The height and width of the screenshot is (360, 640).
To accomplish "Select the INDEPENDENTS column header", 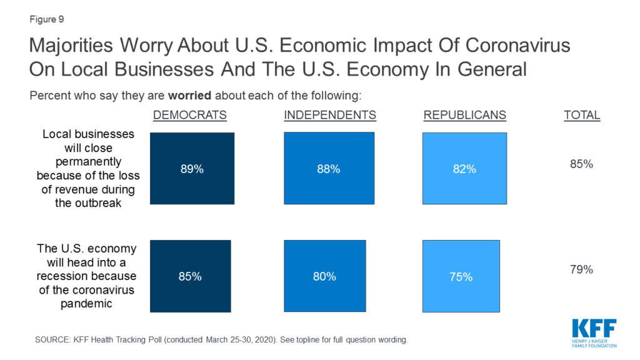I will pos(330,116).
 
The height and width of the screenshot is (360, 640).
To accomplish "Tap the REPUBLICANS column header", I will pos(465,116).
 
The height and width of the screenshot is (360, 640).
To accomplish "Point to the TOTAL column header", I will pos(582,116).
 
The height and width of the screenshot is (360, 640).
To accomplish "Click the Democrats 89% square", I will pos(192,169).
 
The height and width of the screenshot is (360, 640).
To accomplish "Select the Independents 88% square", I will pos(329,169).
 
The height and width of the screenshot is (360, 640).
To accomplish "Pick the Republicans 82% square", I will pos(465,169).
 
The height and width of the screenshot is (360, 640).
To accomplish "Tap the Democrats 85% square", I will pos(189,276).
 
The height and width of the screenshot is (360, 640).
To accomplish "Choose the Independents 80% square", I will pos(324,276).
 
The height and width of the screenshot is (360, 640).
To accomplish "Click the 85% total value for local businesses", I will pos(581,164).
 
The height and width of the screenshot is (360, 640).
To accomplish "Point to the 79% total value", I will pos(581,270).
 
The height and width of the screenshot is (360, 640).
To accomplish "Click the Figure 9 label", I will pos(46,19).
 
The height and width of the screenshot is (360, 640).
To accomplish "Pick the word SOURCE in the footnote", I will pos(54,340).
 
